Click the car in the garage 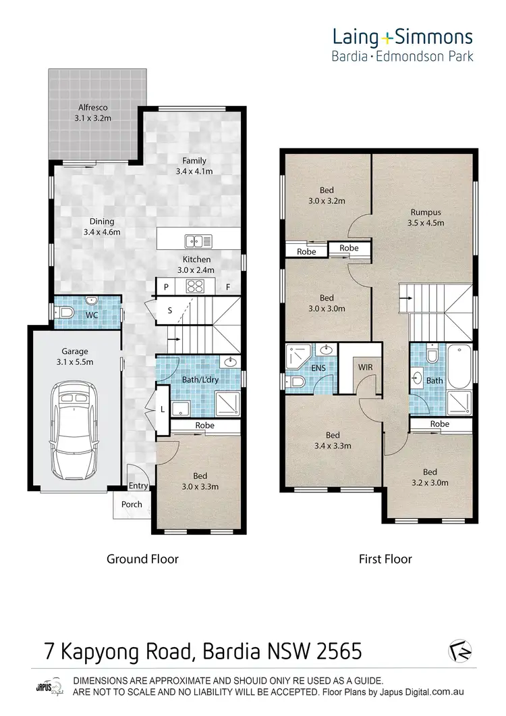[74, 427]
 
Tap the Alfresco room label [93, 112]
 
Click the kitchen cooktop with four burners [196, 286]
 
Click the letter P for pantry [165, 286]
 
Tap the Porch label [132, 504]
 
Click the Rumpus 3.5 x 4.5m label [424, 217]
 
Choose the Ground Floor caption [142, 559]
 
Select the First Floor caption [385, 559]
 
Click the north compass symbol [461, 650]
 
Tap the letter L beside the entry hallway [162, 409]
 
